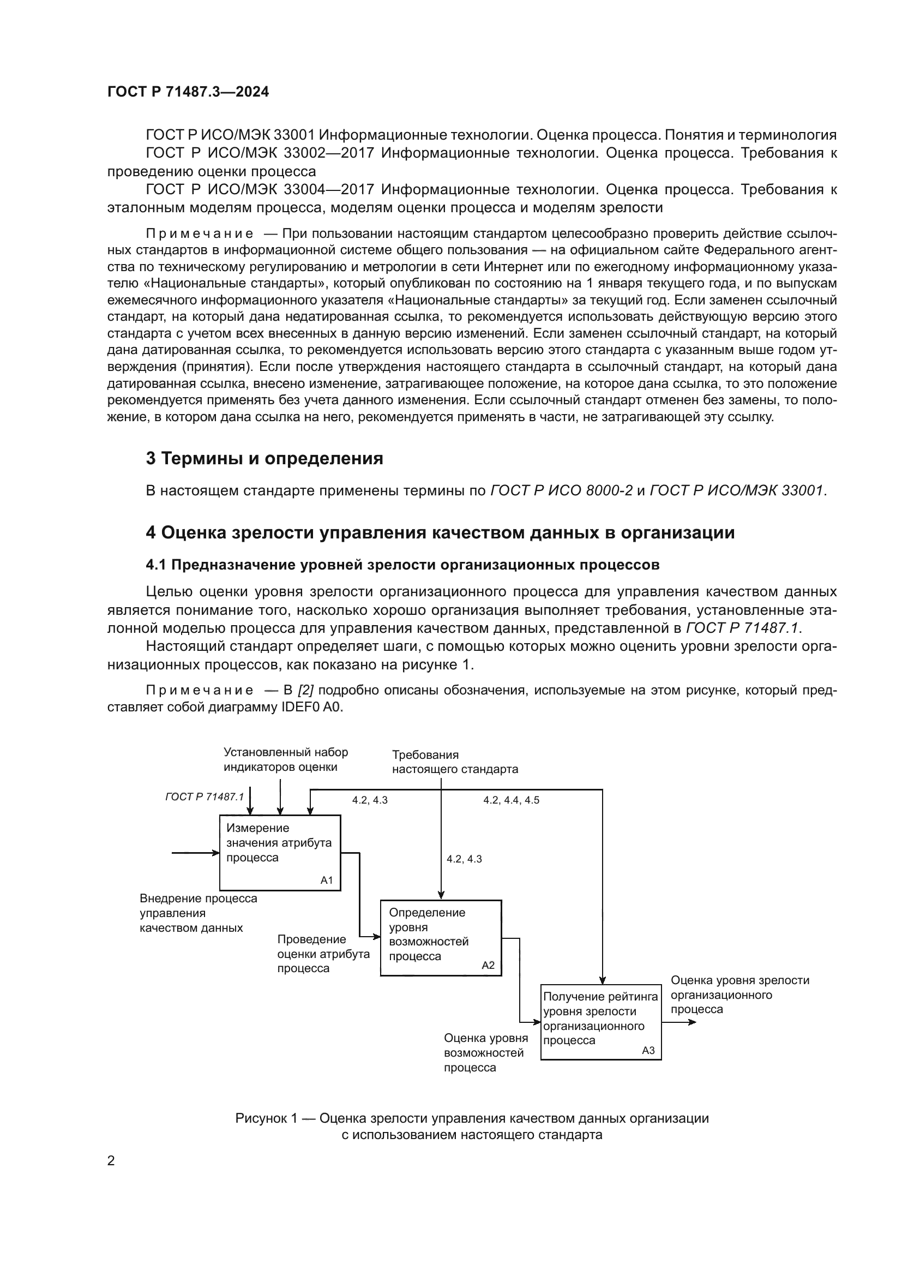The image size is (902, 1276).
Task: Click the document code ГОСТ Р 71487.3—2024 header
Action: pos(188,92)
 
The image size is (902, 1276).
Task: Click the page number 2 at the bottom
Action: pos(111,1160)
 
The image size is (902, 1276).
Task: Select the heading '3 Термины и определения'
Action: pos(264,458)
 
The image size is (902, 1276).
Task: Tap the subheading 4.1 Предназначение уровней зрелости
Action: pos(402,565)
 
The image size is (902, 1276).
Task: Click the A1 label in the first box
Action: pos(327,880)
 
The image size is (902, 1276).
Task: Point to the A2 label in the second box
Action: pos(488,966)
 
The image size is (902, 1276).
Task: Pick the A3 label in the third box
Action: pos(648,1050)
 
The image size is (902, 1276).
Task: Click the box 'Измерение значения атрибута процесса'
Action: pos(279,852)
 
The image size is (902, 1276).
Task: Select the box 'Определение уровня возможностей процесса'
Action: pos(440,938)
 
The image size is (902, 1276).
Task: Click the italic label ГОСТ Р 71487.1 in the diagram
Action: pos(205,796)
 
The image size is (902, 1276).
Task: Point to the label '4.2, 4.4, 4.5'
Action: pos(511,800)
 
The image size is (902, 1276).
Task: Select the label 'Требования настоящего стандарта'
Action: pos(454,762)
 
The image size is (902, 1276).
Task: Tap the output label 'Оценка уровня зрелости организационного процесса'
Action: pos(739,995)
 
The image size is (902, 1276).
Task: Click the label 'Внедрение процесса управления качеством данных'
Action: pos(198,913)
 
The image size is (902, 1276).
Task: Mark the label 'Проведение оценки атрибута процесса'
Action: pos(323,954)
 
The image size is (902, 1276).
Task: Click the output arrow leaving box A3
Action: pos(679,1022)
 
